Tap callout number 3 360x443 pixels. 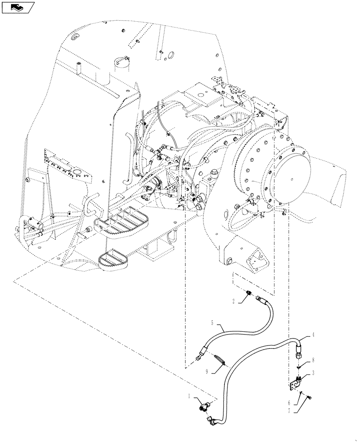(314, 373)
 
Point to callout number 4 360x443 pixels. (314, 335)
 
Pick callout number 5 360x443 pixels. (212, 323)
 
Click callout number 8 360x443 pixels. (314, 361)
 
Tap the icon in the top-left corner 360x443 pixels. (18, 7)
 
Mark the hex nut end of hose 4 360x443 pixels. (298, 353)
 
